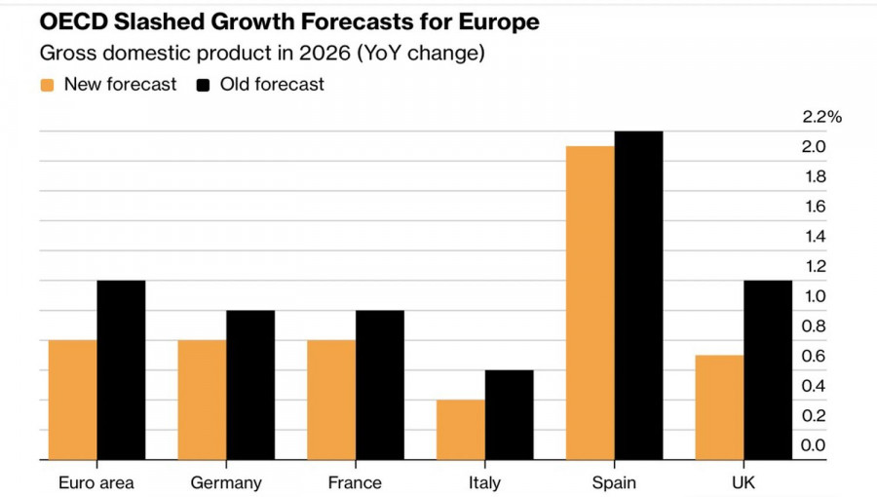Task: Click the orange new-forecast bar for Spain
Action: [x=591, y=303]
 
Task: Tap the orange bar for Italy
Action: [x=461, y=430]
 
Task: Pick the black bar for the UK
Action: [x=768, y=370]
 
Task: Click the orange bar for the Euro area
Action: [x=73, y=400]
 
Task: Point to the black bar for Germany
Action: [x=250, y=385]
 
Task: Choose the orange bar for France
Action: [x=331, y=400]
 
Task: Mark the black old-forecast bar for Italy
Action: [x=509, y=415]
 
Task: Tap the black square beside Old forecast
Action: [x=204, y=85]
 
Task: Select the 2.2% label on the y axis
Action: [x=821, y=117]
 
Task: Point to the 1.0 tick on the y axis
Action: [x=814, y=296]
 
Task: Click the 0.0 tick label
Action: [x=814, y=445]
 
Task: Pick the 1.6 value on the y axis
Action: [x=814, y=207]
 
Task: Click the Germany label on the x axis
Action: [x=226, y=483]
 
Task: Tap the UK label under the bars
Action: [x=743, y=483]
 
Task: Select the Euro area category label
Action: [x=96, y=483]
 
